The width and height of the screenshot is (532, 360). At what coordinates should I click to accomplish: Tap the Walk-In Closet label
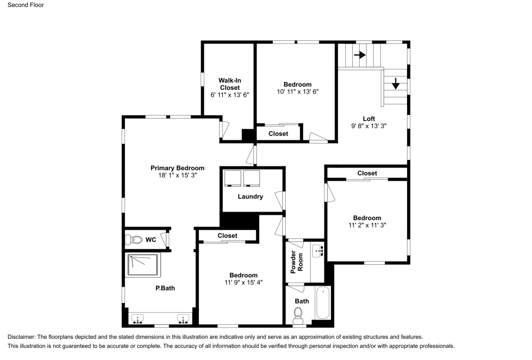tap(229, 84)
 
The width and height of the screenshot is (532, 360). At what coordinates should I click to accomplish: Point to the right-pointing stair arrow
tap(360, 55)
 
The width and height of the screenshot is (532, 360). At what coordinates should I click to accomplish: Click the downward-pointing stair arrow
tap(396, 83)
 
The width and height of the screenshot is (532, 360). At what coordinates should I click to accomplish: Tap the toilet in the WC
tap(132, 239)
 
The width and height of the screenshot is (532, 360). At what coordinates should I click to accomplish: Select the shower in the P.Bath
tap(144, 265)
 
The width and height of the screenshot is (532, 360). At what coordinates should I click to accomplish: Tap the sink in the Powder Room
tap(318, 250)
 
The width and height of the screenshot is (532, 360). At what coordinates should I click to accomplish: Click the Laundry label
tap(250, 196)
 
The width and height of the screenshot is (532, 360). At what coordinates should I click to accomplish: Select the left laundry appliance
tap(232, 178)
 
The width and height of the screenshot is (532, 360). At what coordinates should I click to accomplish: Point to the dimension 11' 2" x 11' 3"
tap(367, 225)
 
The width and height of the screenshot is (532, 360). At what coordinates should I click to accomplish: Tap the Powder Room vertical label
tap(296, 262)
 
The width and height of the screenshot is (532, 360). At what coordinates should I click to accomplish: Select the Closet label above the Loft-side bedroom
tap(367, 173)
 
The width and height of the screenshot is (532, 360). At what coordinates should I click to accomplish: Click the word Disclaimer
tap(21, 337)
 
